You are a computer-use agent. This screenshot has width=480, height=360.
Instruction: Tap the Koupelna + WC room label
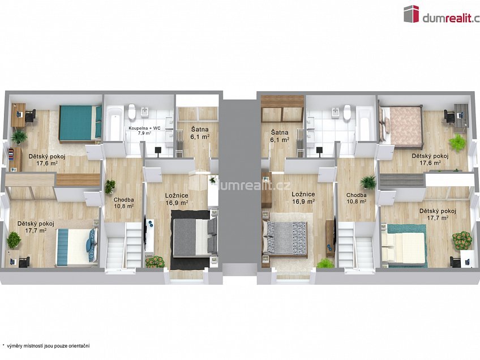pyautogui.click(x=140, y=130)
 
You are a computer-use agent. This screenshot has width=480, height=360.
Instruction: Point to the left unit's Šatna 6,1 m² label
pyautogui.click(x=200, y=133)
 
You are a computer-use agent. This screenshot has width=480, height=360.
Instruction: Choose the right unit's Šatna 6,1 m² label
pyautogui.click(x=280, y=136)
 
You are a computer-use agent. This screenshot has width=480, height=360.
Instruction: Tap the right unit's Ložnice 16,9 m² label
pyautogui.click(x=303, y=198)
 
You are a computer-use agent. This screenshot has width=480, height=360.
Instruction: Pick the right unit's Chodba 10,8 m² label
pyautogui.click(x=357, y=198)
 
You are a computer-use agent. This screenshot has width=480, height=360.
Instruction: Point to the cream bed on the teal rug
pyautogui.click(x=404, y=248)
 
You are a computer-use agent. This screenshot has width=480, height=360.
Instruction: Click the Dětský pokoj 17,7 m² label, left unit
pyautogui.click(x=36, y=227)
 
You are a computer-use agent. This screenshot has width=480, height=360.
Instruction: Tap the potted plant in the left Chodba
pyautogui.click(x=110, y=186)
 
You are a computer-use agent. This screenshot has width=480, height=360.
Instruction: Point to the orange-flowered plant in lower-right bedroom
pyautogui.click(x=461, y=240)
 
